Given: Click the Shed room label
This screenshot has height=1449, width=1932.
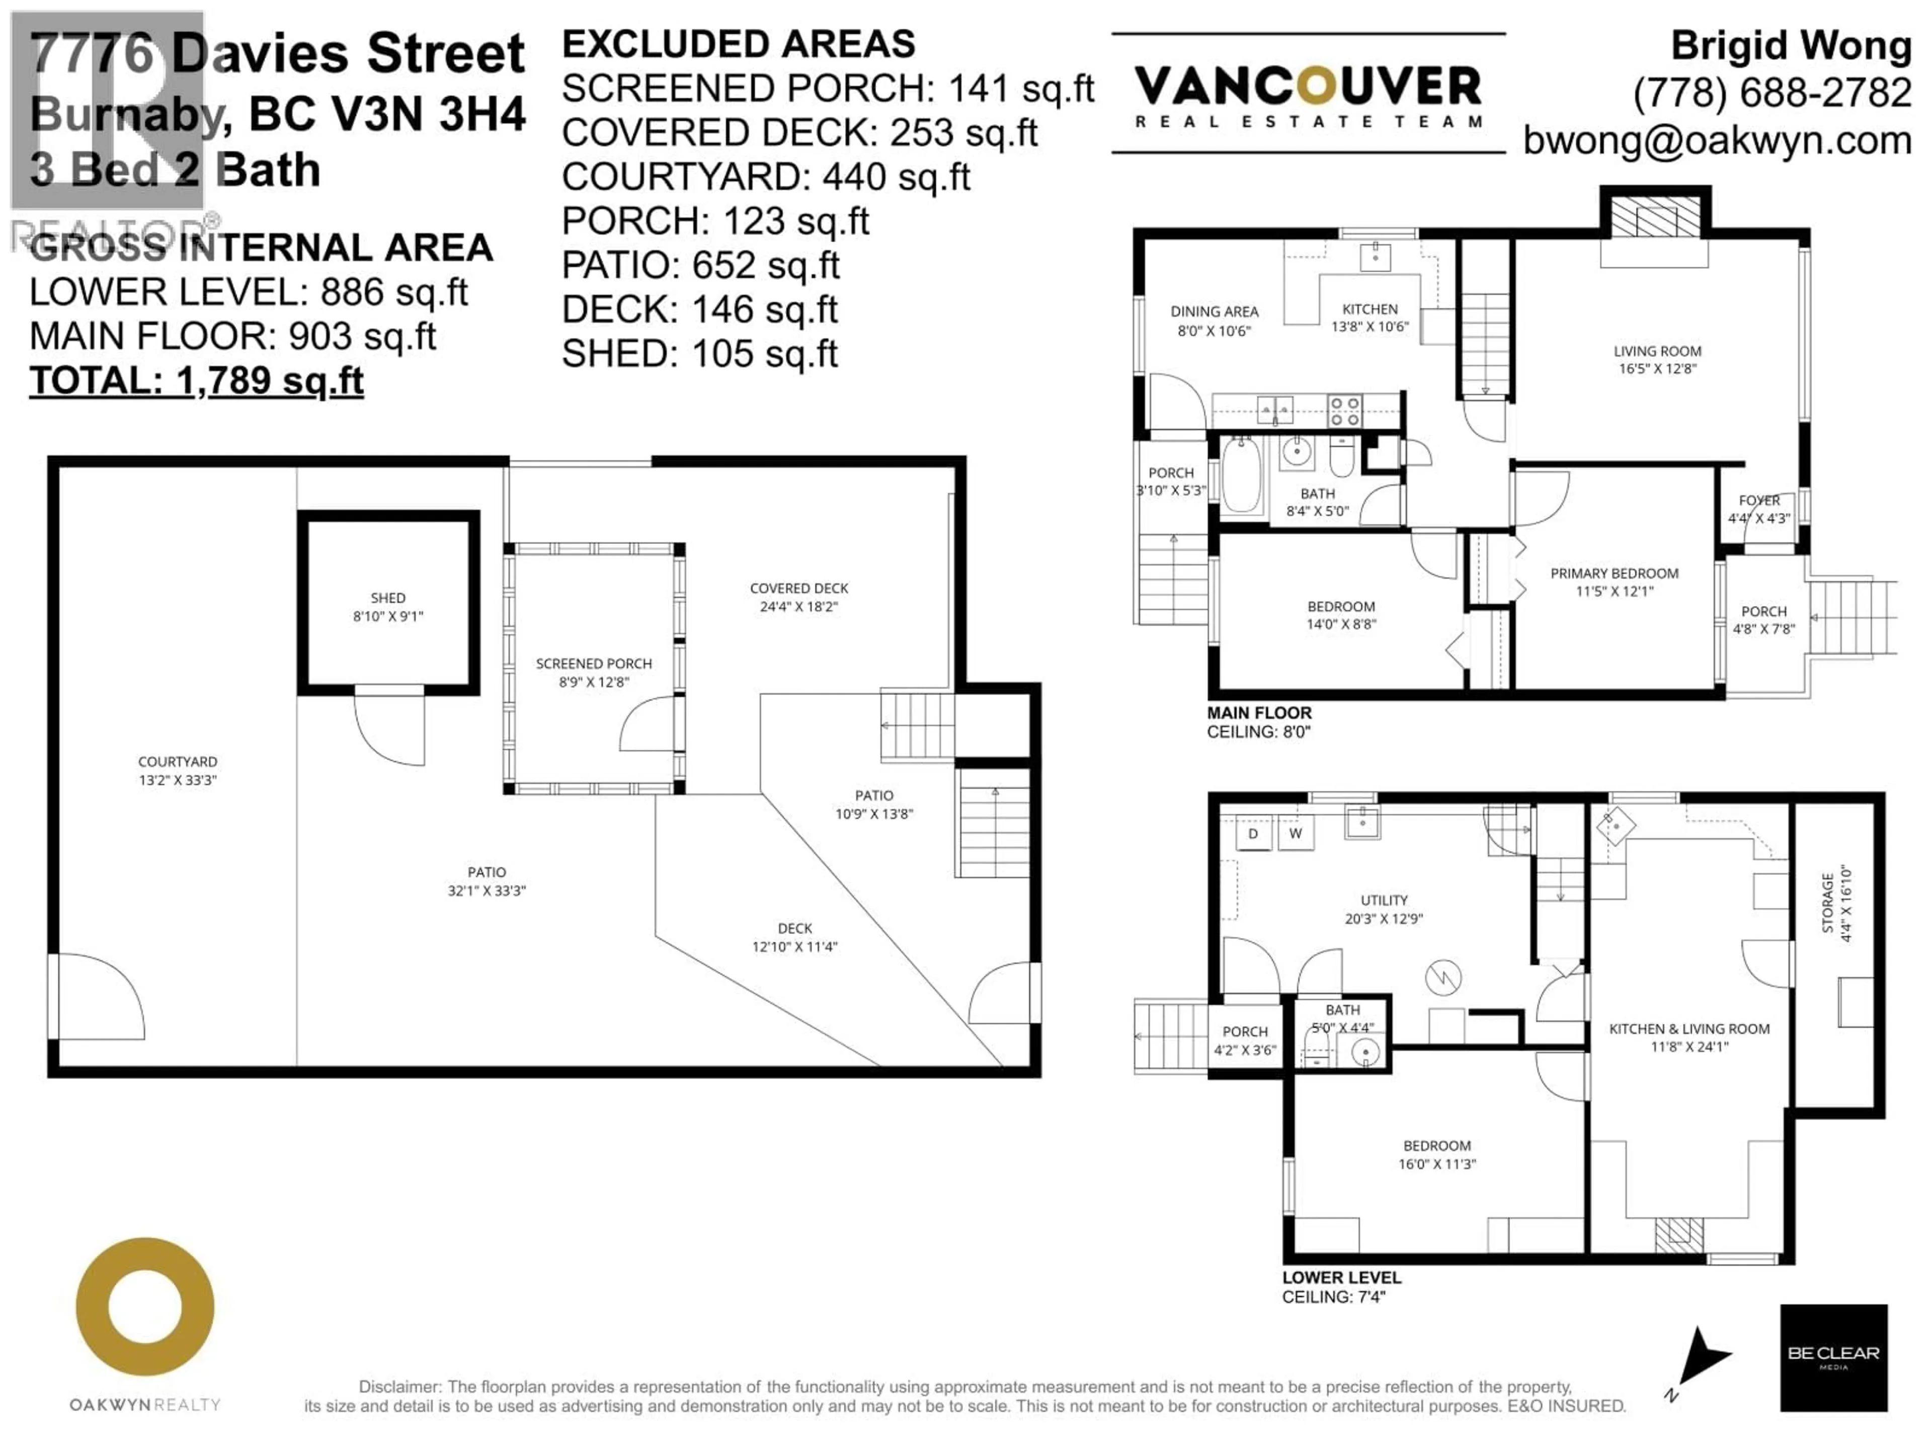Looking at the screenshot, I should tap(388, 598).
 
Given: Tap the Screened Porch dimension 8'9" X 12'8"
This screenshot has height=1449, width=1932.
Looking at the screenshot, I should tap(594, 682).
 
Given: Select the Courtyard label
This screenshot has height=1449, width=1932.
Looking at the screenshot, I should tap(177, 762).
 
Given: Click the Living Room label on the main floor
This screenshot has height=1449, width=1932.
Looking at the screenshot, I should tap(1657, 351).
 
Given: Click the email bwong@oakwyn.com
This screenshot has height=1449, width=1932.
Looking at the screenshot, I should tap(1717, 140).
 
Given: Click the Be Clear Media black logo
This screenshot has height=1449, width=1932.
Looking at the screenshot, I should tap(1833, 1357).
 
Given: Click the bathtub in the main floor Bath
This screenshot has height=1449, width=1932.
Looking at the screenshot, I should tap(1240, 477).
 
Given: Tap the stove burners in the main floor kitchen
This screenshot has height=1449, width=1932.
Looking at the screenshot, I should tap(1344, 411).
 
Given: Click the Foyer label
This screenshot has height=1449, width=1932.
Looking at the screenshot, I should tap(1758, 501).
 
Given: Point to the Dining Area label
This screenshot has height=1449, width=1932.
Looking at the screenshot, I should tap(1214, 312).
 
